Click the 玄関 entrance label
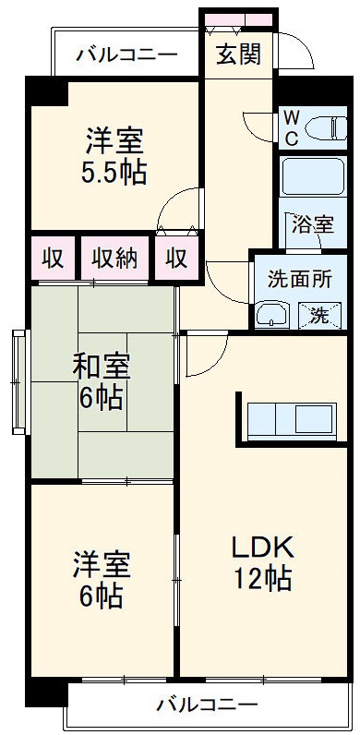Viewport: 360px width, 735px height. click(238, 54)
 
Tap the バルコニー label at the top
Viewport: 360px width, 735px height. click(126, 54)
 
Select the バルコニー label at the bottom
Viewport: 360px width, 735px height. click(207, 706)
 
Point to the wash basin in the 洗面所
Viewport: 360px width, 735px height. click(272, 317)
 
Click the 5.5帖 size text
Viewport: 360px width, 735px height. click(114, 173)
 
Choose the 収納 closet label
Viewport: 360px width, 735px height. click(114, 259)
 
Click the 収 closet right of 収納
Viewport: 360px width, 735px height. click(176, 259)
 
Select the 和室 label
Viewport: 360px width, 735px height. click(102, 367)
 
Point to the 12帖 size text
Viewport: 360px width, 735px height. click(262, 579)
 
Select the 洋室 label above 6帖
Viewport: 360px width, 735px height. click(102, 563)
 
